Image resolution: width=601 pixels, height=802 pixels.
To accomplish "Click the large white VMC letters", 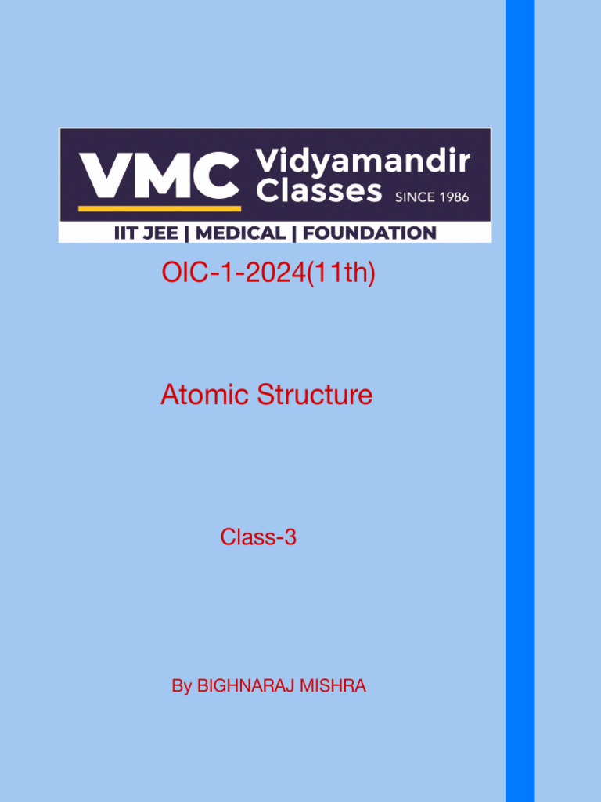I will click(x=159, y=176).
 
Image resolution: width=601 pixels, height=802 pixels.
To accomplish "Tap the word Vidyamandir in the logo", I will click(x=363, y=162).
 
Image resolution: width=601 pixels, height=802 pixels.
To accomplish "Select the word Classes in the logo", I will click(x=319, y=190).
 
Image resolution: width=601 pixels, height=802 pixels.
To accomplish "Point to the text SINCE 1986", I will click(x=432, y=197).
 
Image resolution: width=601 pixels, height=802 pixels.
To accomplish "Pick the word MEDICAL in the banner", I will click(x=240, y=233).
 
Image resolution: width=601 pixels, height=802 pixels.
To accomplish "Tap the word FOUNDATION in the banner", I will click(x=369, y=233).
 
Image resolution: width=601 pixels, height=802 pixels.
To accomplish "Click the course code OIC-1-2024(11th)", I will click(x=268, y=274).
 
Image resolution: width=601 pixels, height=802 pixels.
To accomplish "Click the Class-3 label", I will click(x=258, y=537).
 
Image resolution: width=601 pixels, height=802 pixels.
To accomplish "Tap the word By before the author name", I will click(x=182, y=687).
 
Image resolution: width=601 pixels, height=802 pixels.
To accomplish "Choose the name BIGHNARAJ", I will click(x=245, y=687).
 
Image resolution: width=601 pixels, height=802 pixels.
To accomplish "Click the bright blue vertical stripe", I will click(x=520, y=401).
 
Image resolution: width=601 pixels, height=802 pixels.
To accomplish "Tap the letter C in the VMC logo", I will click(x=214, y=176).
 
